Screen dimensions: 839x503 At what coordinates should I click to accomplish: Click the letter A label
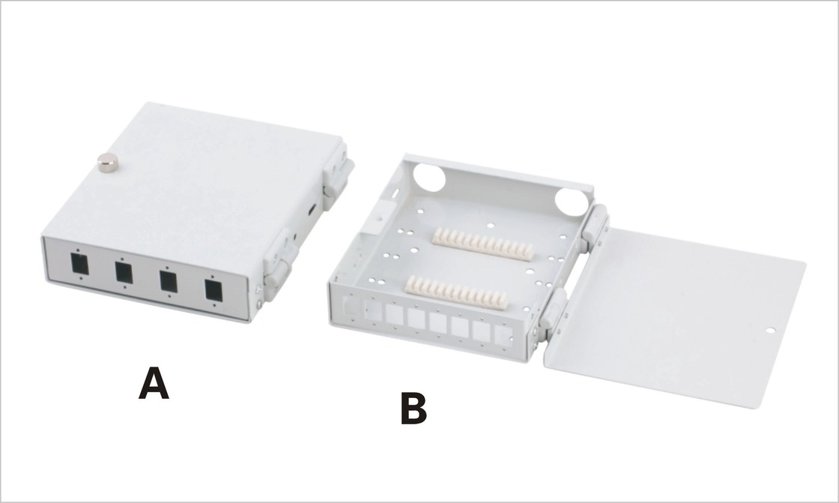click(154, 383)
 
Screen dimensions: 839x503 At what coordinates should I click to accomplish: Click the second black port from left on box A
click(124, 273)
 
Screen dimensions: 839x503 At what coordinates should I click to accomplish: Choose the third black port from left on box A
click(169, 283)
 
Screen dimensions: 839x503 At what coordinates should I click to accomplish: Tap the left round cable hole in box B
click(429, 178)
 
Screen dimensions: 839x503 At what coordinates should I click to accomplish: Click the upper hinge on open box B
click(595, 226)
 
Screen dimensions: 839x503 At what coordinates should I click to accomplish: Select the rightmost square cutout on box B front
click(503, 336)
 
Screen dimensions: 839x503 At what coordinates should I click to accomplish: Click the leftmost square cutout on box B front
click(371, 311)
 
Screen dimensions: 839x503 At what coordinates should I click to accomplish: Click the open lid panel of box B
click(674, 316)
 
